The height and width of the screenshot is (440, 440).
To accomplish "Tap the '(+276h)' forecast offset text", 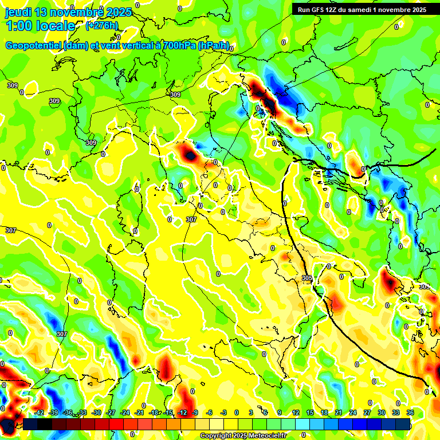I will click(101, 26).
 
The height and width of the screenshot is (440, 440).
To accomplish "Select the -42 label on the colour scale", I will click(40, 412).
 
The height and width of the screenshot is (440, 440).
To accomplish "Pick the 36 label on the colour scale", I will click(410, 412).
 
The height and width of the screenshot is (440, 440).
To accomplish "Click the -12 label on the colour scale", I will click(182, 412).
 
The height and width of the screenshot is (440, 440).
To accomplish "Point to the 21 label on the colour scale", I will click(339, 412).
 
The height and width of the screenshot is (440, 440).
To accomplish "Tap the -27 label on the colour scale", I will click(111, 412).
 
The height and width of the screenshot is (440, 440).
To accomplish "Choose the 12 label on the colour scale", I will click(296, 412).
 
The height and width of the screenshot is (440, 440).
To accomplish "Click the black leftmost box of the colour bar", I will click(30, 424).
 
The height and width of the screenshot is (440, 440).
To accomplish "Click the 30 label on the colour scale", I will click(382, 412).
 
